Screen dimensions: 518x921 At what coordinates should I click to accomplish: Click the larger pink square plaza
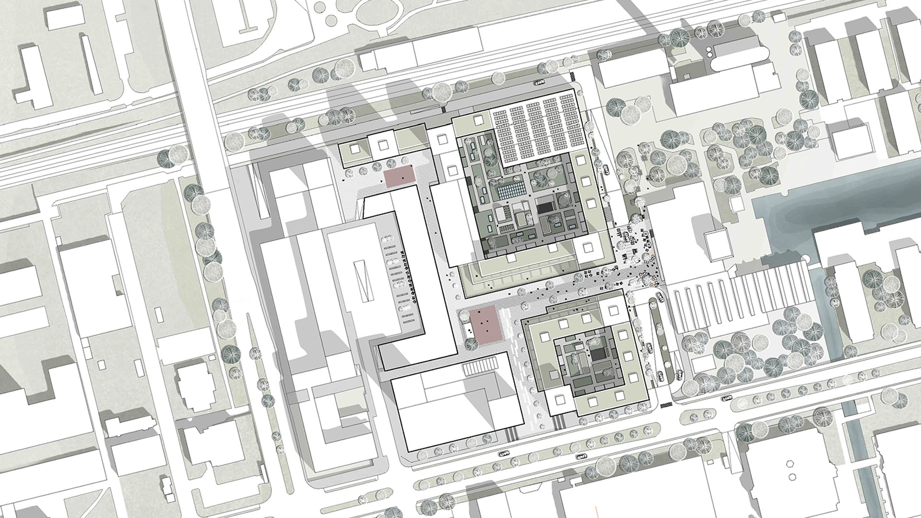[x=485, y=326]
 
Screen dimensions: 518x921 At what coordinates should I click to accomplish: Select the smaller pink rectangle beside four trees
[x=399, y=177]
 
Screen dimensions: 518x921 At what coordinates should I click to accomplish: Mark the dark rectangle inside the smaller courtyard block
[x=598, y=355]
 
